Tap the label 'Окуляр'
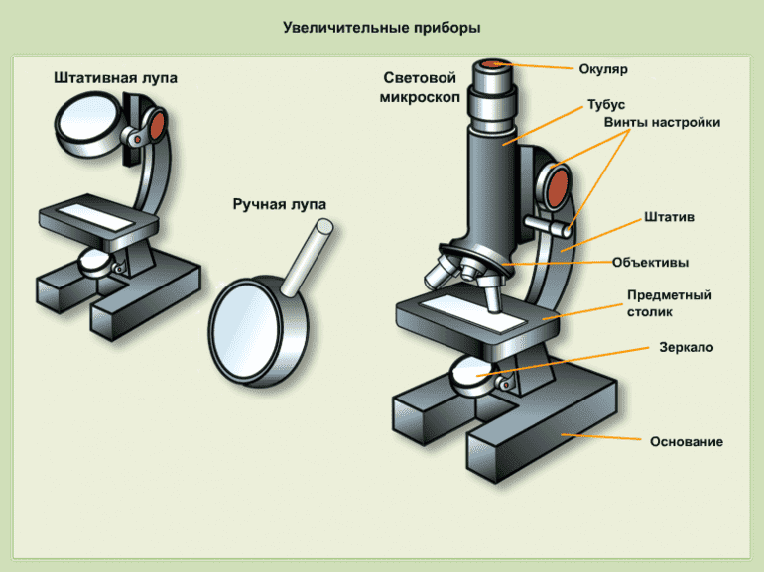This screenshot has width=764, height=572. tap(603, 69)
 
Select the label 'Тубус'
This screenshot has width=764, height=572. tap(606, 105)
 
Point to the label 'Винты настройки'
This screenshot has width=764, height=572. tap(662, 122)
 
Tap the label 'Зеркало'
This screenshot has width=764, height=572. tap(686, 348)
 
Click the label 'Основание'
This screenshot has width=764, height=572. tap(686, 441)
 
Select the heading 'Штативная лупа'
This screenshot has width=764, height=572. tap(116, 78)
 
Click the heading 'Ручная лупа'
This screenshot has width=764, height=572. tap(280, 204)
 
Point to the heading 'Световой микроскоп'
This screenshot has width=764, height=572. tap(419, 86)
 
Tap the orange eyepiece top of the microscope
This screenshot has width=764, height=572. tap(494, 64)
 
